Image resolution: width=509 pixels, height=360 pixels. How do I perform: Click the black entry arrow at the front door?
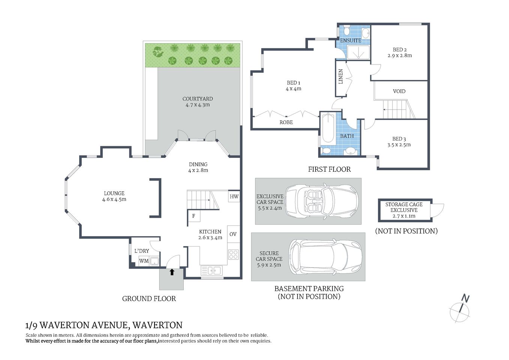click(172, 272)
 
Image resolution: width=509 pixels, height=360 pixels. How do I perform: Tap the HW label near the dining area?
click(234, 196)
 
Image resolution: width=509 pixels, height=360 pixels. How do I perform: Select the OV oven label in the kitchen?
click(233, 234)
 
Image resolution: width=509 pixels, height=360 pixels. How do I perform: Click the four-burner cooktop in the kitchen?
click(233, 255)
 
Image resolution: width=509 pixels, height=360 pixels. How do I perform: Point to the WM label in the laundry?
click(144, 261)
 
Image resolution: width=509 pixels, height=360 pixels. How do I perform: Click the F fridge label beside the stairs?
click(194, 216)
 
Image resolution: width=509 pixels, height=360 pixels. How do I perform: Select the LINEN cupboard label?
click(341, 76)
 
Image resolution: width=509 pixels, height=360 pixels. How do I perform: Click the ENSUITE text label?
click(350, 40)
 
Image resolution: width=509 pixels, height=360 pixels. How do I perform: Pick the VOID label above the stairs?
click(399, 91)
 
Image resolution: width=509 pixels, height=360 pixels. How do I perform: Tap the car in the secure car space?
click(325, 256)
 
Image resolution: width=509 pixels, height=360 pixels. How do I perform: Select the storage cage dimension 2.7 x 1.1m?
click(404, 216)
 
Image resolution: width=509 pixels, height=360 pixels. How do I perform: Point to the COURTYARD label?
click(197, 99)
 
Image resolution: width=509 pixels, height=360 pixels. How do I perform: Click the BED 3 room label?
click(399, 139)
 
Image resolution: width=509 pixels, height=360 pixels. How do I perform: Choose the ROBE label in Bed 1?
click(286, 122)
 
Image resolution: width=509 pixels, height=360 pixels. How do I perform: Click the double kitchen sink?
click(212, 270)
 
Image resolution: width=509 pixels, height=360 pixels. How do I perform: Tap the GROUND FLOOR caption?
click(149, 299)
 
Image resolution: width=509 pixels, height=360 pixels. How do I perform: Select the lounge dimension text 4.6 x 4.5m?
click(114, 199)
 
